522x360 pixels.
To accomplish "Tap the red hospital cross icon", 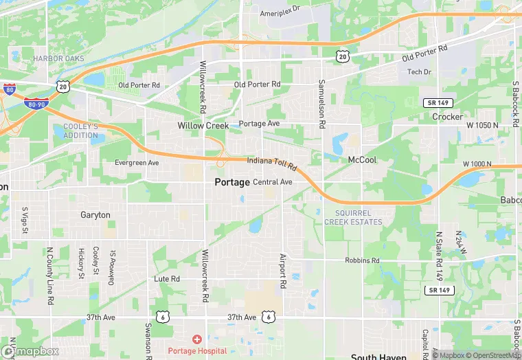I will tap(197, 339).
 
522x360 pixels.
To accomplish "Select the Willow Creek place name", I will tap(203, 126).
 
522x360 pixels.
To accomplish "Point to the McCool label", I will tap(362, 159).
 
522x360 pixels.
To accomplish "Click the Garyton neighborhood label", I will tap(95, 215).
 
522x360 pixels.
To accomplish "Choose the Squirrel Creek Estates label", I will tap(353, 217).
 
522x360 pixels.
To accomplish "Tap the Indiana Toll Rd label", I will tap(272, 164).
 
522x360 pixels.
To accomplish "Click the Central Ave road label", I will tap(273, 182).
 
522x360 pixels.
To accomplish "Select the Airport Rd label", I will tap(282, 270).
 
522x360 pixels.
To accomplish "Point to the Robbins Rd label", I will tap(363, 261).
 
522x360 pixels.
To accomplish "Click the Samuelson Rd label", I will tap(320, 105).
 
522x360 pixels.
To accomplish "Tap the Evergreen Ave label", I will tap(137, 163).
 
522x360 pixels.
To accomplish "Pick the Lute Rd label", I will tap(167, 279).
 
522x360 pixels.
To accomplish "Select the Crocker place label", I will tap(447, 117).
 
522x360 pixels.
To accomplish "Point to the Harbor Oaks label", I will tap(59, 59).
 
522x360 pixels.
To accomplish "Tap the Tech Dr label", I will tap(419, 72).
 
